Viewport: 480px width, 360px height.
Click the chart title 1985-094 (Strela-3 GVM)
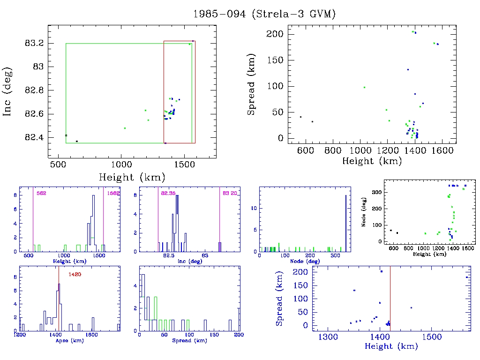(x=264, y=14)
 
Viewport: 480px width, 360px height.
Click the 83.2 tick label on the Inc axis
(x=34, y=43)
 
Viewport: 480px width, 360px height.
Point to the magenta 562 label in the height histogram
(x=41, y=193)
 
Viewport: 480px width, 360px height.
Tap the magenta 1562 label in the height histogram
(x=113, y=193)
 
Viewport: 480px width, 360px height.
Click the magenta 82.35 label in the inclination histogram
(x=168, y=193)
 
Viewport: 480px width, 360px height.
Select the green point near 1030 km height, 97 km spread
(x=364, y=87)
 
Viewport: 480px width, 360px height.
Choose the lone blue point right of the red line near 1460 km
(x=411, y=307)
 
